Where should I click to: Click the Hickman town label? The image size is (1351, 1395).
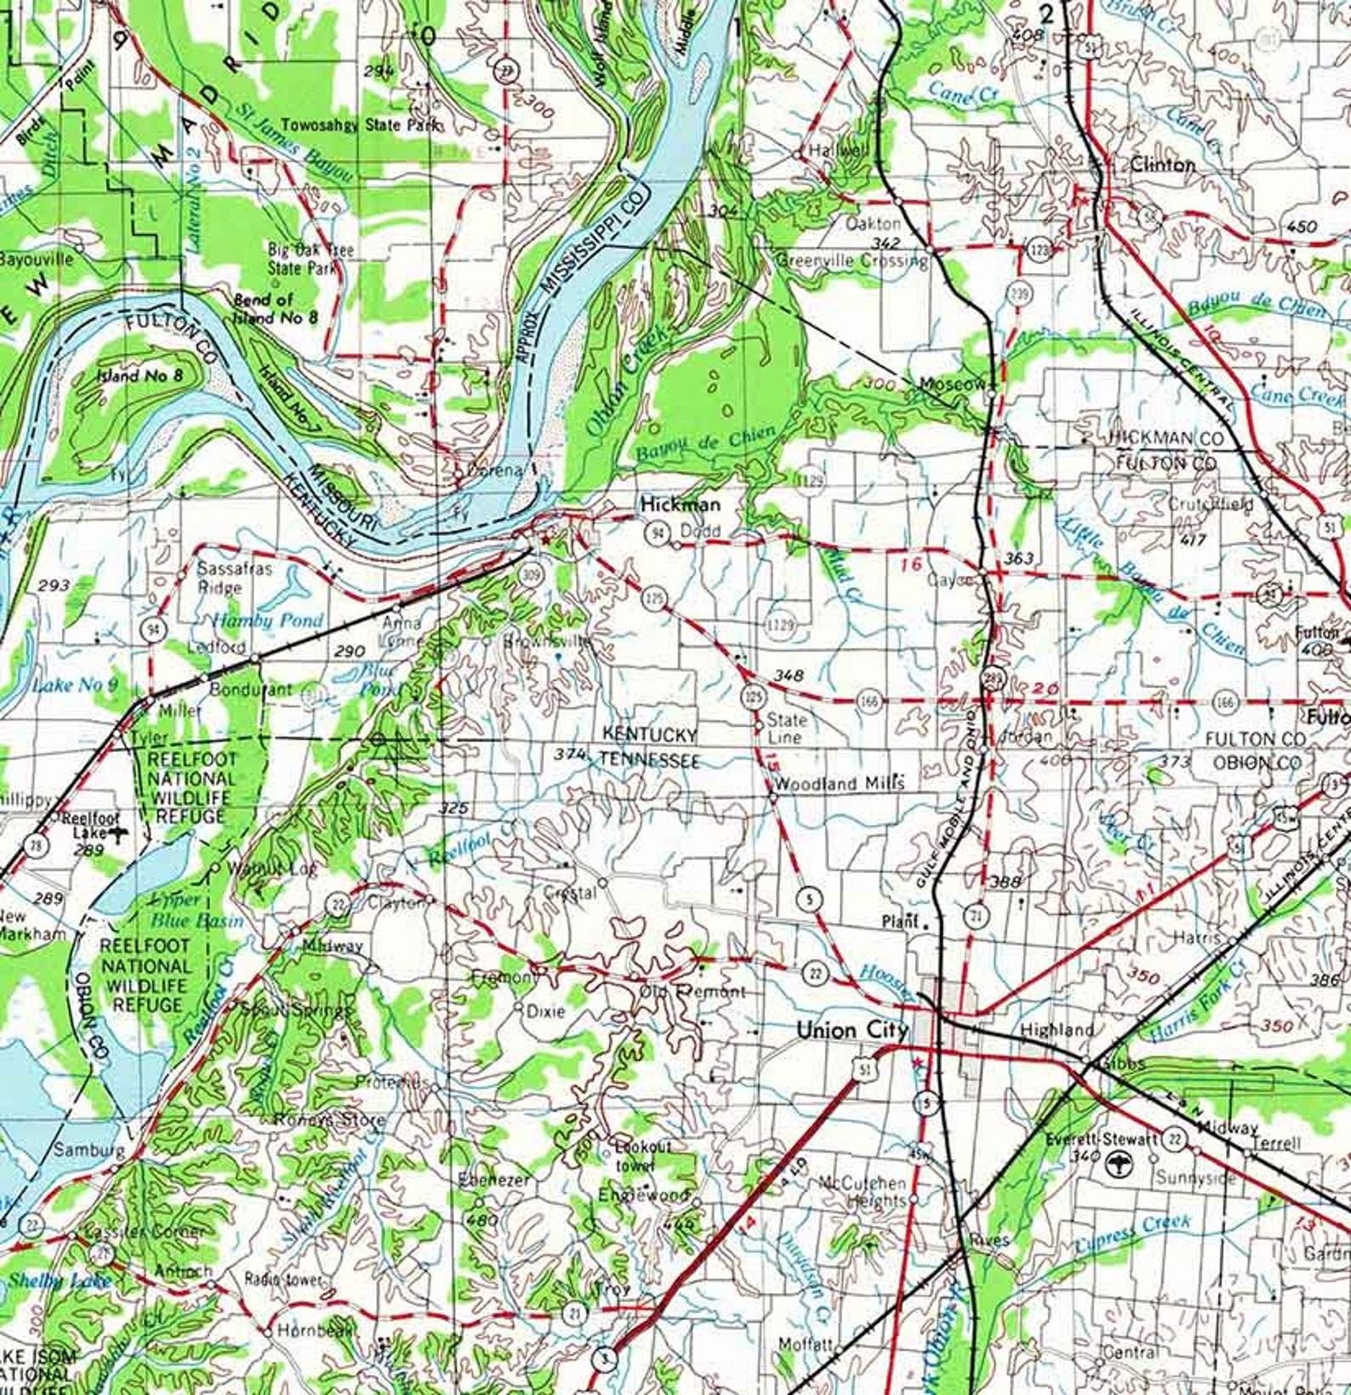point(680,504)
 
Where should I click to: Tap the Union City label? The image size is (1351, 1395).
point(852,1030)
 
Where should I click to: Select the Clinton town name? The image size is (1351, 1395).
point(1162,164)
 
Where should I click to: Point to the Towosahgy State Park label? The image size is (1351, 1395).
point(361,124)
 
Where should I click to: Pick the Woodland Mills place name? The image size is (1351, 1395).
point(839,783)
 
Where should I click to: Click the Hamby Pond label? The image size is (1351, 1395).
point(267,620)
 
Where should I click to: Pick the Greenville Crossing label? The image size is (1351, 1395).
point(852,260)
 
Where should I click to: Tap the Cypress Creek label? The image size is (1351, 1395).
point(1132,1236)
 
